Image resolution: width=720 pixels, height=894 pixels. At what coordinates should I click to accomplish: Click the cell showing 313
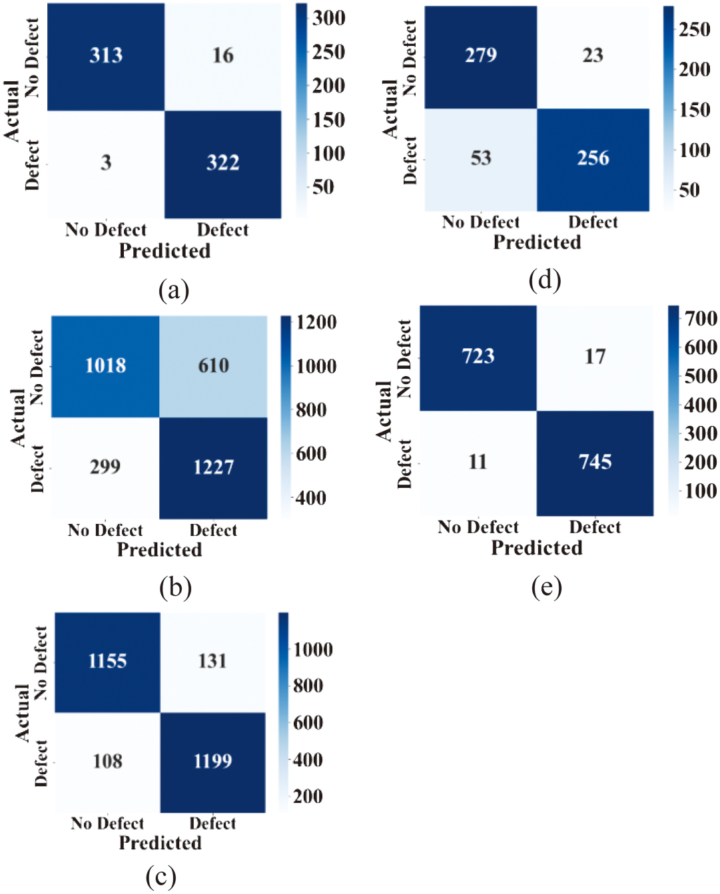106,56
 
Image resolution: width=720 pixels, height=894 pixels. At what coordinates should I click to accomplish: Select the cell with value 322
222,163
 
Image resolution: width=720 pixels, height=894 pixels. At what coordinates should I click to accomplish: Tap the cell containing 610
213,365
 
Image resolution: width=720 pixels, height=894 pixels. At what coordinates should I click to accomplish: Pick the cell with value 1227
213,467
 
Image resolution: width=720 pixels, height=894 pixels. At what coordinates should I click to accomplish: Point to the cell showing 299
105,467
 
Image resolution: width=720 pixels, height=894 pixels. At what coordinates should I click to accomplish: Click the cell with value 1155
107,662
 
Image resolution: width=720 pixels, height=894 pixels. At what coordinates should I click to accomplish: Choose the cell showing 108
107,762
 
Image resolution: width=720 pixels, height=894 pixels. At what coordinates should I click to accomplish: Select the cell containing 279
480,56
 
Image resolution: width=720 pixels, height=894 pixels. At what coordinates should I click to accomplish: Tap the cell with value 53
480,159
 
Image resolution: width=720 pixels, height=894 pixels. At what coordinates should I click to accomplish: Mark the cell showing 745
595,463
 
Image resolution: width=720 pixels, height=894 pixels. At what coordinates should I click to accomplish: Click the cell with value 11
478,463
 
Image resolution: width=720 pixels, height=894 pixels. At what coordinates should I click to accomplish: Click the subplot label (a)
174,290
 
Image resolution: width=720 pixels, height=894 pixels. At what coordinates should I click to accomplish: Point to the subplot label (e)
546,587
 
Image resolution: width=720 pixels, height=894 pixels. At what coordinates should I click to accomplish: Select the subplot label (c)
161,877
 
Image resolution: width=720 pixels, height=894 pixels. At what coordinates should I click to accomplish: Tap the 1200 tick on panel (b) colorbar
316,323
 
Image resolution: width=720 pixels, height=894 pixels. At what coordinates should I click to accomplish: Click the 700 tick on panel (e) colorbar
701,319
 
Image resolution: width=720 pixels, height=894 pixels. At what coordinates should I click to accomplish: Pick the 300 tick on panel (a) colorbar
328,18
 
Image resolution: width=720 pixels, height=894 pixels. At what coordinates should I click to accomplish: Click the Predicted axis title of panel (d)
537,242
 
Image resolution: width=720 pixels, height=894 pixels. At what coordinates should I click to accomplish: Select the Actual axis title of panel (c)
23,712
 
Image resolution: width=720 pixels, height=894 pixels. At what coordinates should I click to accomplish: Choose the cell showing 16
222,56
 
